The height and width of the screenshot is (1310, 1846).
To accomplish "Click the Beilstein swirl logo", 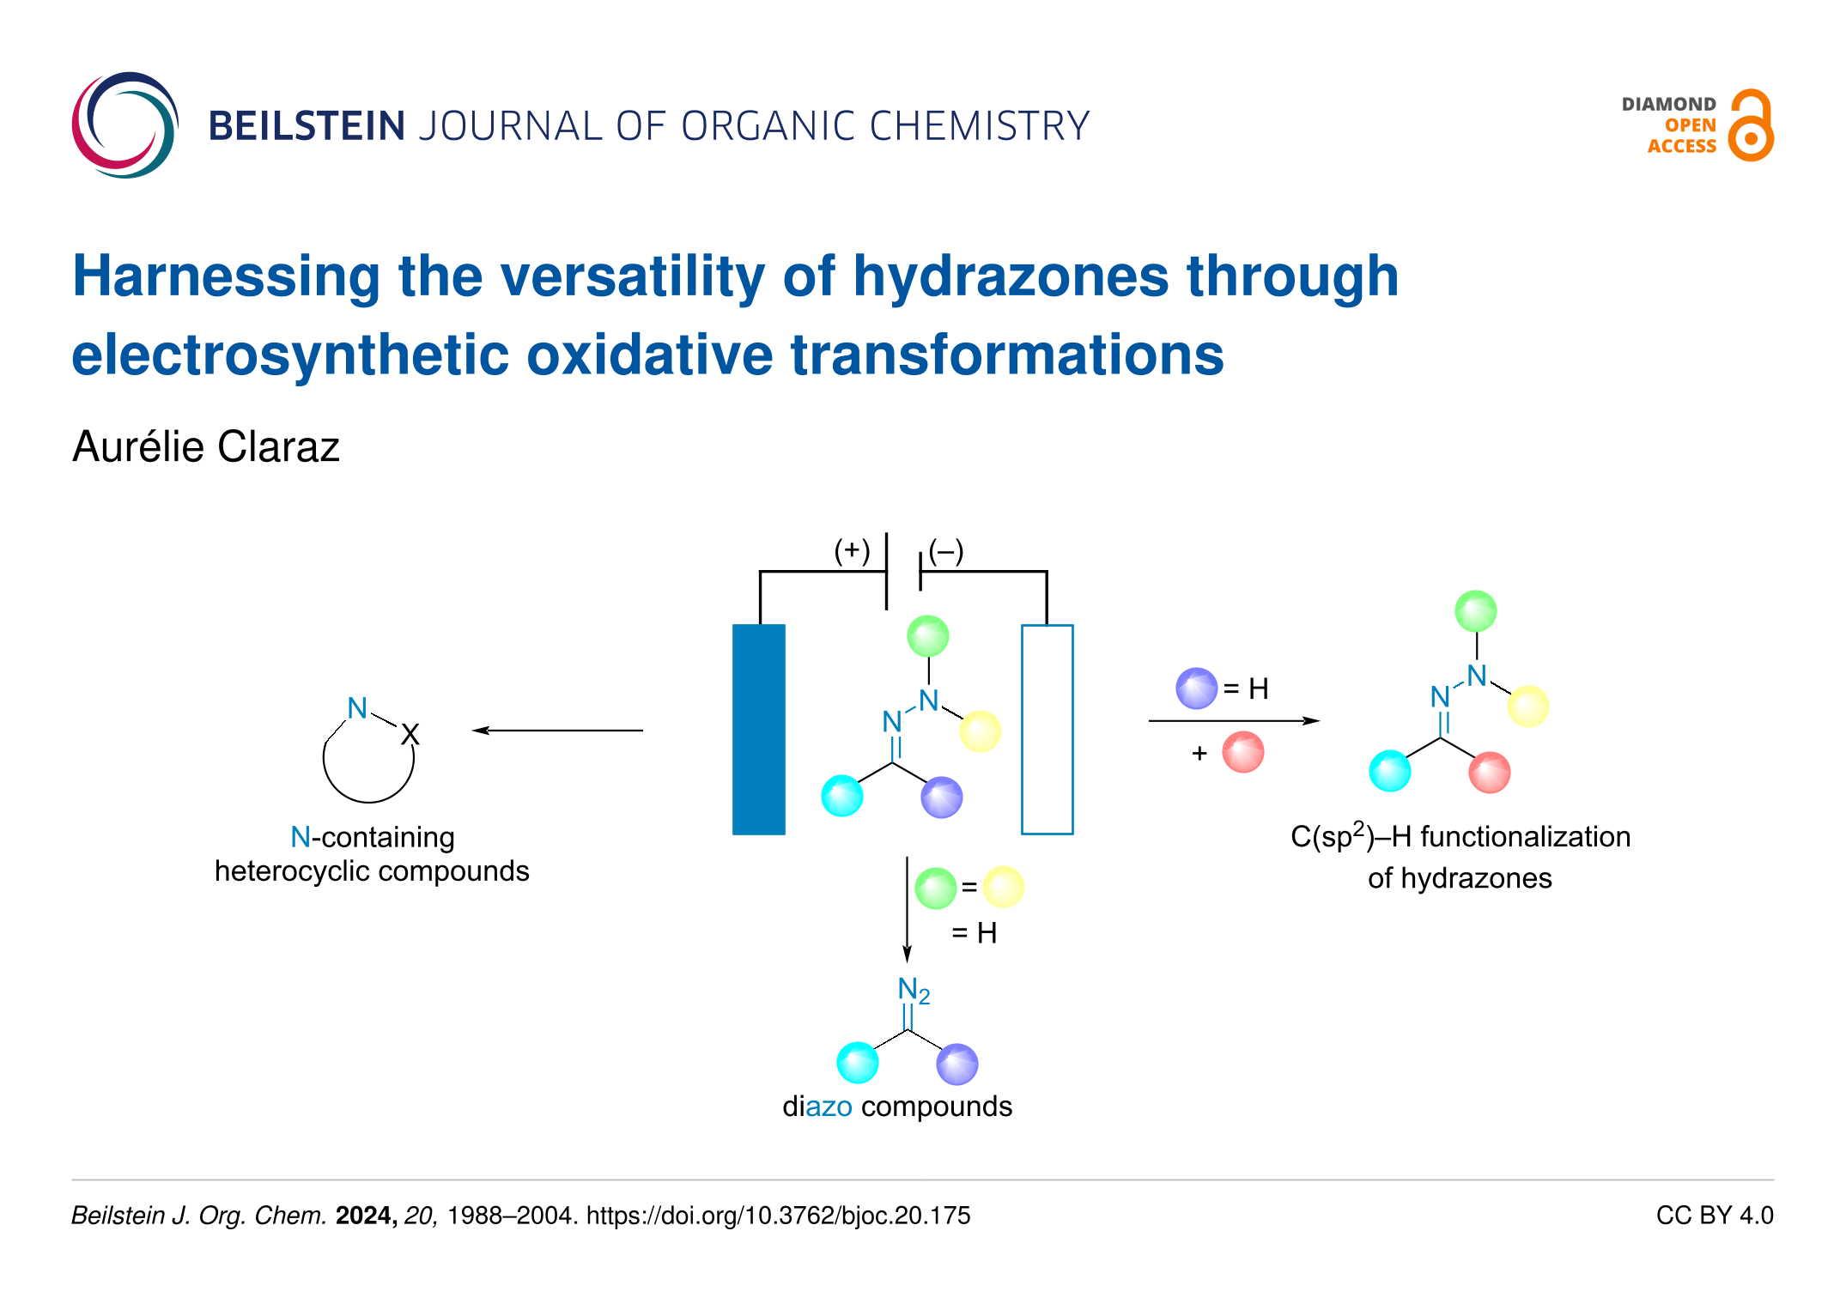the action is [125, 125].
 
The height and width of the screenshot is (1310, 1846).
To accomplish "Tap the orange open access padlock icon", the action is [1751, 125].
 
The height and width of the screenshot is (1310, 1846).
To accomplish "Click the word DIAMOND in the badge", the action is [1668, 104].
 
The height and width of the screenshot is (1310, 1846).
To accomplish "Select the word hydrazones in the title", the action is [1011, 276].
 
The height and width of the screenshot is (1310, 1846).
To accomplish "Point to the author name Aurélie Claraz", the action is [206, 446].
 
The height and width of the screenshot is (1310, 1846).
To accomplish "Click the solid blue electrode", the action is [759, 729].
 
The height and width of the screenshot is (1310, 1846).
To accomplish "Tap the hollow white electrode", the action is [1047, 729].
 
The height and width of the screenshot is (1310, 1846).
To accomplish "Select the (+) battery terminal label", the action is [852, 550].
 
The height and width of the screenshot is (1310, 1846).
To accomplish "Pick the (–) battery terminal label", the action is [946, 550].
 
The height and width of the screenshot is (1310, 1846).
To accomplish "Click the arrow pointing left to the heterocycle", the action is [557, 731].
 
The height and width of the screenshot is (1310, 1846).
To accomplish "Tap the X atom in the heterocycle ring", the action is [410, 735].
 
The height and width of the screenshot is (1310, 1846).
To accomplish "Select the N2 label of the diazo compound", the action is [914, 991].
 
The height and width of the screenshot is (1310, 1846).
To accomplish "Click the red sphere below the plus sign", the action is [1243, 752].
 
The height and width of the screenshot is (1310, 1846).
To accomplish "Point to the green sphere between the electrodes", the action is [928, 636].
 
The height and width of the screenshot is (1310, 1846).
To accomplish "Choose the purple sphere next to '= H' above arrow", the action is [1197, 688].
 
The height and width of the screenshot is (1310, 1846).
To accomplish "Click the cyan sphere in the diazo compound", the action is [858, 1063].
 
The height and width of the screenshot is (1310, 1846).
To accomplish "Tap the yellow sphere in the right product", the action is [1528, 707].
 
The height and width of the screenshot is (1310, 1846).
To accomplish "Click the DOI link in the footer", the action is [778, 1216].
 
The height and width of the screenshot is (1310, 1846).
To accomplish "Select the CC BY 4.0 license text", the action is [1715, 1216].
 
